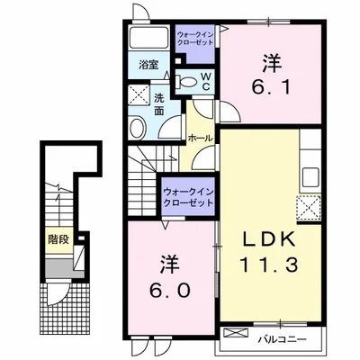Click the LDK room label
click(269, 241)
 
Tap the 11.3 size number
click(269, 265)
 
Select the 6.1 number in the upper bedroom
click(271, 88)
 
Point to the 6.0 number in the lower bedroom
click(170, 291)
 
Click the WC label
click(205, 81)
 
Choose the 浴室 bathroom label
click(148, 65)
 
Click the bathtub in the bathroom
click(149, 38)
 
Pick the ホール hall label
click(200, 139)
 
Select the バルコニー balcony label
click(283, 339)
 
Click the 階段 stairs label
click(59, 239)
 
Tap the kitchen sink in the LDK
click(310, 177)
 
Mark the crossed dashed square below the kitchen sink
click(309, 207)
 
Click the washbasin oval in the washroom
click(138, 128)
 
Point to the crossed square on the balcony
click(237, 333)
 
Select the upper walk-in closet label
click(195, 39)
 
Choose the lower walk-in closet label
click(188, 197)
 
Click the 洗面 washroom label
click(159, 104)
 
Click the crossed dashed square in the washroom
click(139, 94)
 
